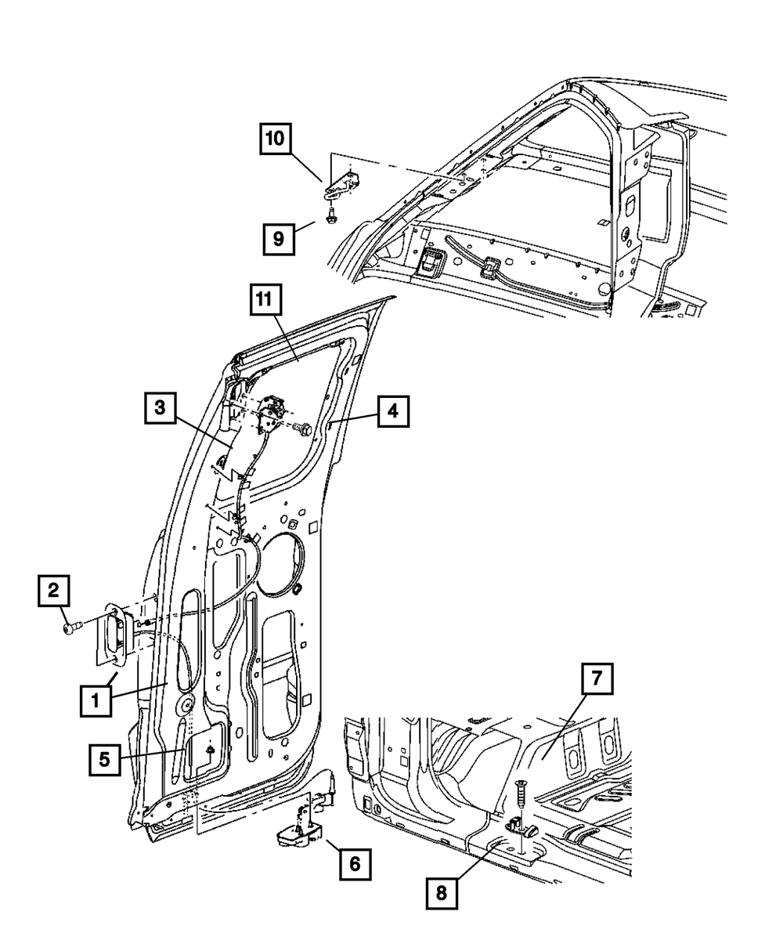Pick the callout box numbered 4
(x=393, y=410)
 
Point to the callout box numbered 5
(x=105, y=758)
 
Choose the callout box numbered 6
(x=354, y=864)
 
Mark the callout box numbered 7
(x=597, y=679)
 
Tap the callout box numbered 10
(x=278, y=142)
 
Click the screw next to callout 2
(x=70, y=627)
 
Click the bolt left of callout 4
(x=302, y=428)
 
